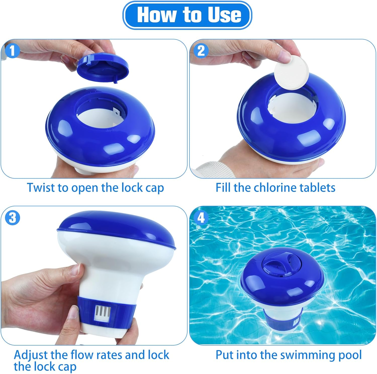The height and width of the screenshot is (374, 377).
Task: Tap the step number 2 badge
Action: (201, 51)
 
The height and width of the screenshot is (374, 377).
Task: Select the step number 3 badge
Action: (12, 218)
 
